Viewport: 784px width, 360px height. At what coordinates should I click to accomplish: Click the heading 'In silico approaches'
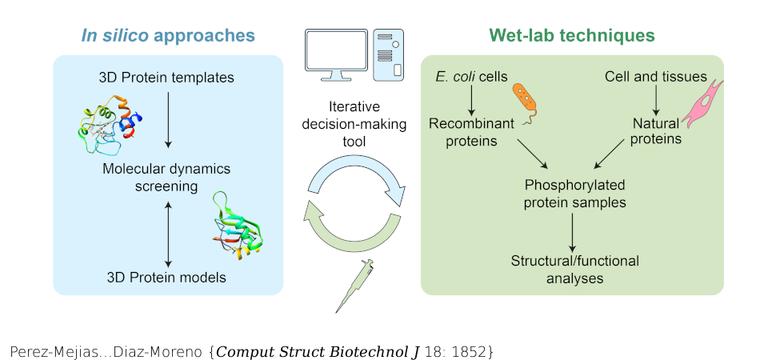168,35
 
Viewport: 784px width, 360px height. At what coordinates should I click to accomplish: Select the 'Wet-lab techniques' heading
572,35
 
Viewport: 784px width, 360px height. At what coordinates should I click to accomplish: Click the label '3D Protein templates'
166,78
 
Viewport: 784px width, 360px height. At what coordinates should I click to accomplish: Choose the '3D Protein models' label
166,278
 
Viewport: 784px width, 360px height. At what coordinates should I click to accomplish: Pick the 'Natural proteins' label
657,131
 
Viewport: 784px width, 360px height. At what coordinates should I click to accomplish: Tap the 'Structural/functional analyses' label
574,270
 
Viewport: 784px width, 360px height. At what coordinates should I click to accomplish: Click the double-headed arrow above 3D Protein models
167,234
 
